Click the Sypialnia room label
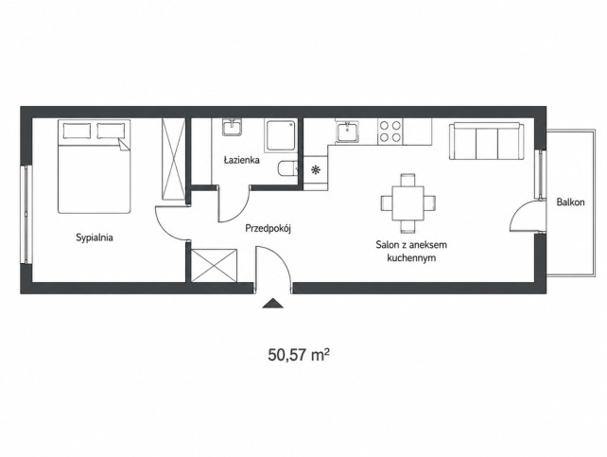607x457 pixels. pyautogui.click(x=95, y=237)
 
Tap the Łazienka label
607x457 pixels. pyautogui.click(x=241, y=160)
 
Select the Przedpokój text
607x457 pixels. pyautogui.click(x=268, y=229)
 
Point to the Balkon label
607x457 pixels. pyautogui.click(x=571, y=202)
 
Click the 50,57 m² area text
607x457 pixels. pyautogui.click(x=299, y=355)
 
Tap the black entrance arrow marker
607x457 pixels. pyautogui.click(x=272, y=303)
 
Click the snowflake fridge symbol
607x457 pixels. pyautogui.click(x=316, y=169)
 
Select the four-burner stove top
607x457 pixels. pyautogui.click(x=390, y=132)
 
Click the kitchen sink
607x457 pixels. pyautogui.click(x=348, y=132)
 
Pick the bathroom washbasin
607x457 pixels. pyautogui.click(x=233, y=128)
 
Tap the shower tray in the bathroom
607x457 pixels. pyautogui.click(x=281, y=135)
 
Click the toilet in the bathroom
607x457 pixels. pyautogui.click(x=287, y=169)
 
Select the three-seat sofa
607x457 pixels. pyautogui.click(x=486, y=141)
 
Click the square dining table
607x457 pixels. pyautogui.click(x=408, y=203)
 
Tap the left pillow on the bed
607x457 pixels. pyautogui.click(x=77, y=131)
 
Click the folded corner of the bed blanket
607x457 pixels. pyautogui.click(x=125, y=146)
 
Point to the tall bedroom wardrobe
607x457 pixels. pyautogui.click(x=173, y=159)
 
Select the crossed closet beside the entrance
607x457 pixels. pyautogui.click(x=214, y=265)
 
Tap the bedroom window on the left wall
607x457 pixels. pyautogui.click(x=26, y=214)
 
